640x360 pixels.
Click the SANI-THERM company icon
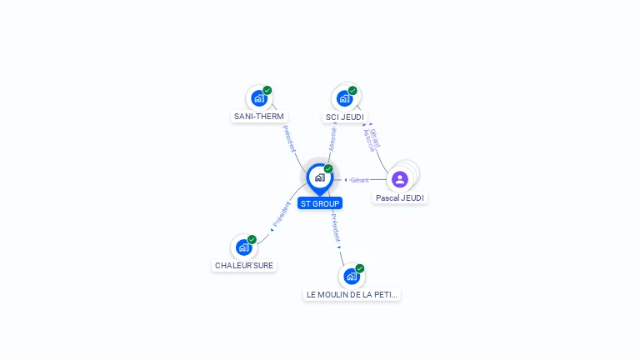[258, 98]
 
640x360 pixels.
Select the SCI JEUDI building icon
[344, 98]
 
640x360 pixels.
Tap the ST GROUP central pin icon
[319, 177]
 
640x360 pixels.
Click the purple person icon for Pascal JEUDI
[400, 179]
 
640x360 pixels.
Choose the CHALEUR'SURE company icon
[243, 247]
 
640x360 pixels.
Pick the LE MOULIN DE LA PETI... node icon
[352, 277]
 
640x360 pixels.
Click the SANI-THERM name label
[259, 117]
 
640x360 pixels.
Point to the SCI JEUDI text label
[345, 117]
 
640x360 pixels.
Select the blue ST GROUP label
[320, 203]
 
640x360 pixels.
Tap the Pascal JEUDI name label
[400, 198]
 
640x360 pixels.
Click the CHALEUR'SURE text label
[244, 266]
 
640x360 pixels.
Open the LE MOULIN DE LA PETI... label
[352, 295]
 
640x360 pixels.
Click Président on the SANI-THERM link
[289, 138]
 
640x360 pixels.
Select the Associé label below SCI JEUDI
[332, 139]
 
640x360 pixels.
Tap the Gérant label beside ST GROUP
[359, 180]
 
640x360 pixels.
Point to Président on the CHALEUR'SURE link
[282, 215]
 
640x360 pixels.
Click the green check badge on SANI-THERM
[267, 90]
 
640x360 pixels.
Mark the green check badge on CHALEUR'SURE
[252, 239]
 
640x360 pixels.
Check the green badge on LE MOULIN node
[360, 268]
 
